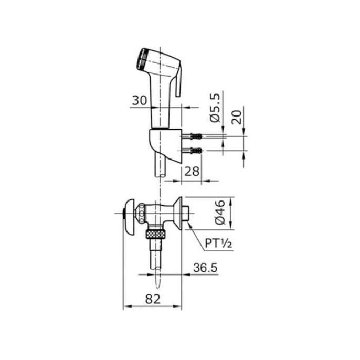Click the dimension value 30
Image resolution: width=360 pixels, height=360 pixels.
click(140, 100)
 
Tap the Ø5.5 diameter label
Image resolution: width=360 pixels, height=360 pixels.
click(215, 108)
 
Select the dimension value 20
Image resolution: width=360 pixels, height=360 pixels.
click(237, 118)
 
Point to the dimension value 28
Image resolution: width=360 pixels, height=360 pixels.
click(192, 171)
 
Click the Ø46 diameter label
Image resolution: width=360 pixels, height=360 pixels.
click(220, 213)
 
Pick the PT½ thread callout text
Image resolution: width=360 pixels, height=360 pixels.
click(218, 243)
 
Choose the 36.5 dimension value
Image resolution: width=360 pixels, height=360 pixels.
click(205, 268)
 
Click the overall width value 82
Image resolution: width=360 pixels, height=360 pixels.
click(153, 299)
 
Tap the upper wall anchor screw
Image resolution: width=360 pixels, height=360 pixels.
click(192, 136)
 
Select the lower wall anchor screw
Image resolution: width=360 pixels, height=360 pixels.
click(192, 151)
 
